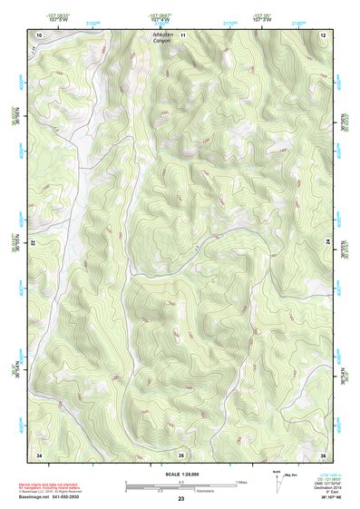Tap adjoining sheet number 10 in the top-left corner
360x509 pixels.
(38, 34)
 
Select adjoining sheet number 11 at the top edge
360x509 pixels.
(181, 34)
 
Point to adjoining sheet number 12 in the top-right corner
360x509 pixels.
(322, 34)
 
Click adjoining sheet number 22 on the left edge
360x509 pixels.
(34, 243)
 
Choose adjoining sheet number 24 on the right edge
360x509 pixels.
(326, 243)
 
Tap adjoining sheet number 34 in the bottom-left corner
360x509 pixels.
(38, 453)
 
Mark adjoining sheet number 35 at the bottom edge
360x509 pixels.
(181, 453)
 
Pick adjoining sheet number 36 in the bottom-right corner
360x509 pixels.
(322, 453)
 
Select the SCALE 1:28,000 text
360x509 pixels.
(180, 474)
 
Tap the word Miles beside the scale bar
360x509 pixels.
(240, 482)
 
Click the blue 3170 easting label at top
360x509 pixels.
(231, 18)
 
